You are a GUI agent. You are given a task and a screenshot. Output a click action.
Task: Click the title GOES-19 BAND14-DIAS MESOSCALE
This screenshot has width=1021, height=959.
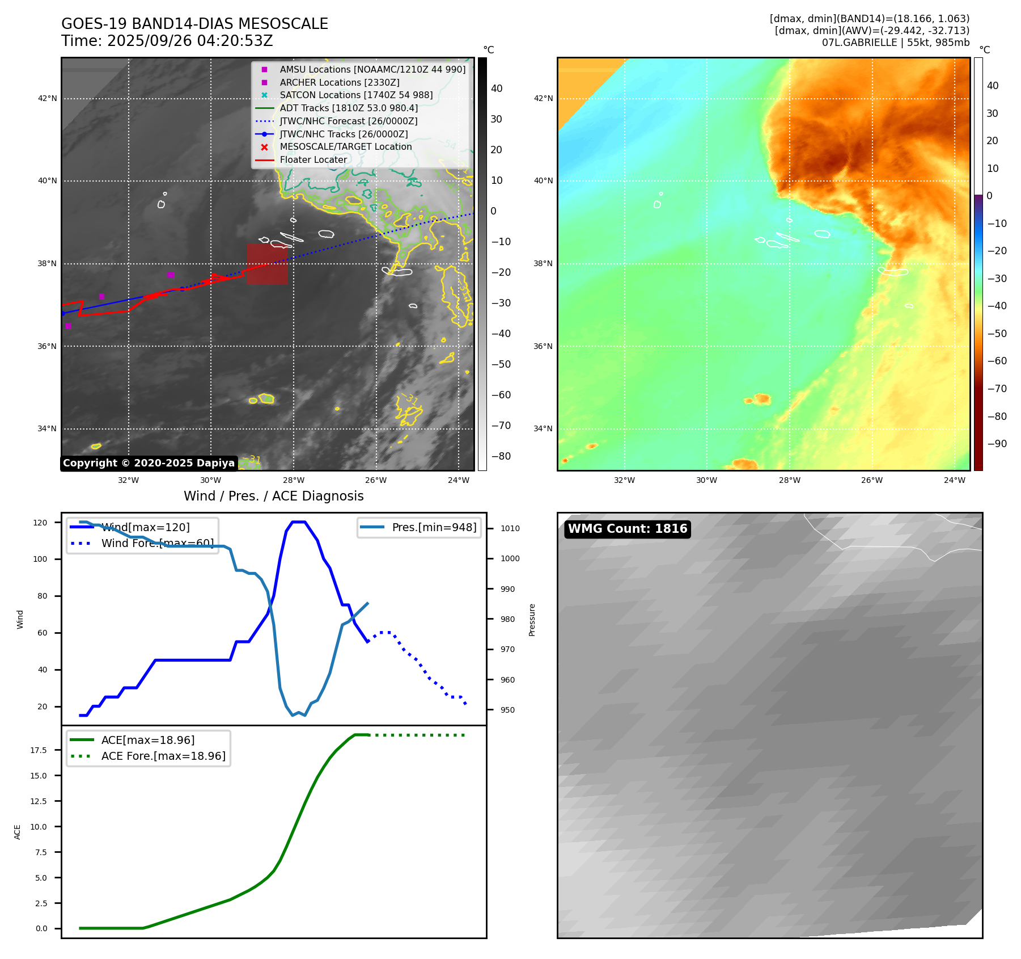pos(194,24)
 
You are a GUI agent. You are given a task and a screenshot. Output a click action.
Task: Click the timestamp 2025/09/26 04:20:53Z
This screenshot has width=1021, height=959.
pos(190,41)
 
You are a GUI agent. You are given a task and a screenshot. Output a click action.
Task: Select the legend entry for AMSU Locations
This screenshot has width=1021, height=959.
pos(372,69)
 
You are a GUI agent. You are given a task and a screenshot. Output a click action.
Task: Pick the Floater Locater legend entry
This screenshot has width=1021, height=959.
pos(313,159)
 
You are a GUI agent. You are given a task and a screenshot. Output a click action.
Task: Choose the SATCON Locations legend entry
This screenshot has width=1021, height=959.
pos(355,95)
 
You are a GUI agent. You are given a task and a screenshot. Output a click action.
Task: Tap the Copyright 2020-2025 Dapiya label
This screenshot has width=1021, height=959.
pos(149,463)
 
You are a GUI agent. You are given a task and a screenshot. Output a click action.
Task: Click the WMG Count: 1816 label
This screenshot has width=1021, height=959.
pos(628,529)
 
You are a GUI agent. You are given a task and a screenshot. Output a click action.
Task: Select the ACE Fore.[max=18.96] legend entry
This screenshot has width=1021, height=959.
pos(163,756)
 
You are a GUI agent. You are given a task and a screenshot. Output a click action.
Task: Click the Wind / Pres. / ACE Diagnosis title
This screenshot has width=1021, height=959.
pos(274,496)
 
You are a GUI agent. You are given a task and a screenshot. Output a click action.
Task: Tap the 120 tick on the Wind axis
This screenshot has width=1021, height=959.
pos(40,523)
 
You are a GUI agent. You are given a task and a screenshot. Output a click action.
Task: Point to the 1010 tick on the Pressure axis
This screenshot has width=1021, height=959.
pos(510,528)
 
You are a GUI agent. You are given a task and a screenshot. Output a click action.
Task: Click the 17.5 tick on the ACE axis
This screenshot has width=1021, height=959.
pos(39,750)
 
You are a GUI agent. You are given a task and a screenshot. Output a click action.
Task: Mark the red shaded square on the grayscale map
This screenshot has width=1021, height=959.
pos(267,264)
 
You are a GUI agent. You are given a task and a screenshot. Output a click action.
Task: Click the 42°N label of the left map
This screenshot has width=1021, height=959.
pos(48,99)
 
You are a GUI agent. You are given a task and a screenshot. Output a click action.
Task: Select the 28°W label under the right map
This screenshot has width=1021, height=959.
pos(789,480)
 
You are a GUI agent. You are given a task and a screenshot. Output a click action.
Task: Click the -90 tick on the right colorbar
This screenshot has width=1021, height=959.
pos(997,444)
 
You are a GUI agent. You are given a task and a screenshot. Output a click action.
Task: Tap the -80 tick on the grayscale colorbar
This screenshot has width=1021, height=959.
pos(501,456)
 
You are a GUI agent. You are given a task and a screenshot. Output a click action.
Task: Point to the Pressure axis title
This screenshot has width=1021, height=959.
pos(532,620)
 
